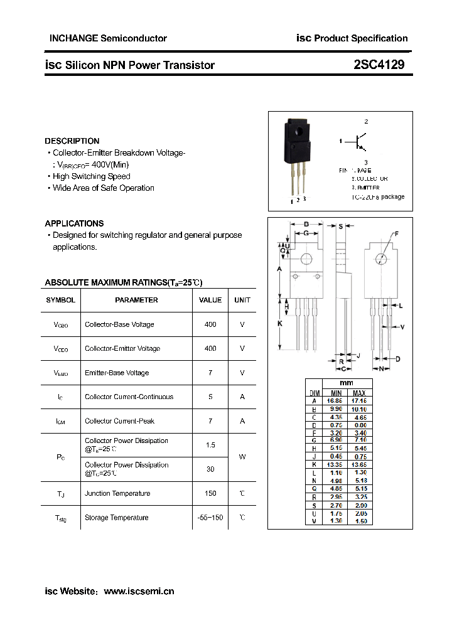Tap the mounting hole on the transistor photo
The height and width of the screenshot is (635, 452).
(298, 131)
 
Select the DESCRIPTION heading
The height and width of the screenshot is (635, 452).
(72, 141)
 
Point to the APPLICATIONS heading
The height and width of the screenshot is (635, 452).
(74, 223)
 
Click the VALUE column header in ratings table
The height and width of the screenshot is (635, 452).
(210, 300)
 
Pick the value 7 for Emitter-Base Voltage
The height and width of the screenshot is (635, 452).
(210, 373)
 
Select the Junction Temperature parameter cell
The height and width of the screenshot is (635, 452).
(117, 493)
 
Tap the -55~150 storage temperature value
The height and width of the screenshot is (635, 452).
(210, 518)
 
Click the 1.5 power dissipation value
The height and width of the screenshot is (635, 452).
(210, 445)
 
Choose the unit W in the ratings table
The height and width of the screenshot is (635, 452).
(242, 457)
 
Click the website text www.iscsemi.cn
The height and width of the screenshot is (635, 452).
(139, 591)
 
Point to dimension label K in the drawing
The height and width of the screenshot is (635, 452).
(279, 323)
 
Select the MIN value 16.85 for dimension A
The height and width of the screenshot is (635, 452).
(336, 400)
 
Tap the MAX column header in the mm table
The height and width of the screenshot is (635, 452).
(359, 393)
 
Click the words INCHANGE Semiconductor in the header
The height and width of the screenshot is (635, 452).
(108, 38)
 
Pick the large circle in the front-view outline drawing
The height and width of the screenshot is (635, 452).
(306, 259)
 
